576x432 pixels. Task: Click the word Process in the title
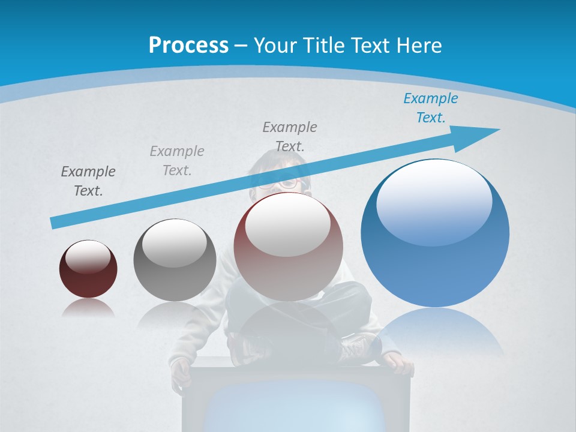(x=188, y=45)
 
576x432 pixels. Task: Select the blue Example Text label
(x=430, y=108)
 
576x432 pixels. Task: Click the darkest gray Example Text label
(x=88, y=181)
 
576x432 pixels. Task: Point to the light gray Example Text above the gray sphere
(x=176, y=161)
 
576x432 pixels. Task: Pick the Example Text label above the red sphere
(x=289, y=136)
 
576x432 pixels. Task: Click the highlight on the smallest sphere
(x=88, y=257)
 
